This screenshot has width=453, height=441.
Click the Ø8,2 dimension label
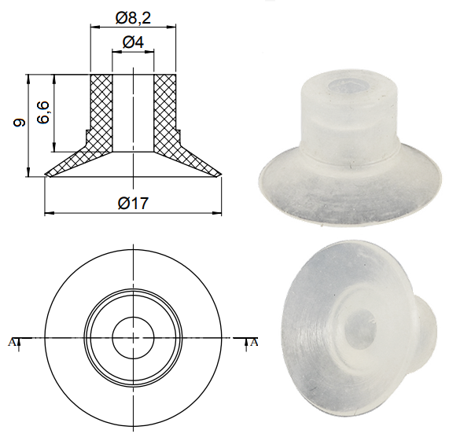[x=133, y=17]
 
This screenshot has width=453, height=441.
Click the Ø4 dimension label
[x=133, y=42]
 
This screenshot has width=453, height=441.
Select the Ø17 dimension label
[x=133, y=203]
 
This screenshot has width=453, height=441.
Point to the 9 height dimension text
[x=20, y=123]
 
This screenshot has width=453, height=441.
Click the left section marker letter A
[x=11, y=341]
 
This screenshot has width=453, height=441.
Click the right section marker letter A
[x=255, y=341]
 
